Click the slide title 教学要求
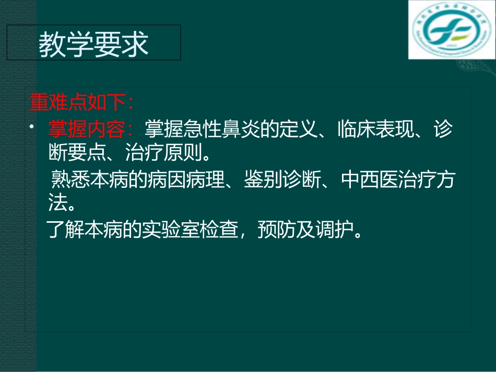click(x=94, y=45)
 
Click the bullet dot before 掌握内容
click(x=31, y=127)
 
